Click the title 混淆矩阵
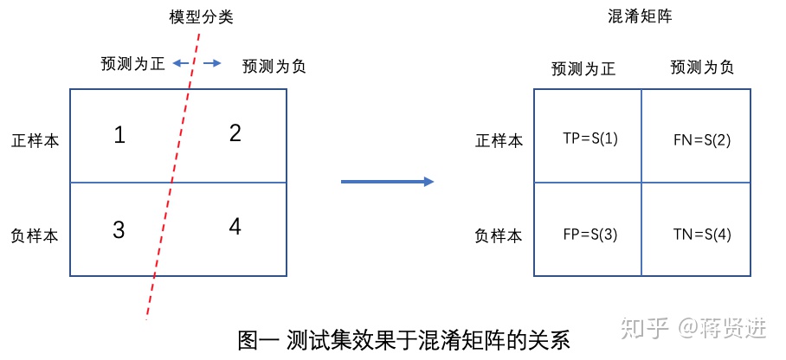tap(641, 16)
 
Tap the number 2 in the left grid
tap(235, 133)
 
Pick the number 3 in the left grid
tap(119, 229)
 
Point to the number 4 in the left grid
tap(235, 227)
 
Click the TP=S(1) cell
tap(590, 138)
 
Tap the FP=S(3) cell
tap(589, 235)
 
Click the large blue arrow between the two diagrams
tap(387, 181)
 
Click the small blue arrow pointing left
tap(180, 63)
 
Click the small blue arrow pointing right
tap(213, 63)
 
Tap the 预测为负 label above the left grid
tap(274, 66)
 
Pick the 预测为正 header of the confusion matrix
tap(583, 69)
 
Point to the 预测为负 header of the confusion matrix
tap(702, 67)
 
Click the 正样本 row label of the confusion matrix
tap(499, 140)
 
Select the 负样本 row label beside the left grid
tap(35, 235)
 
